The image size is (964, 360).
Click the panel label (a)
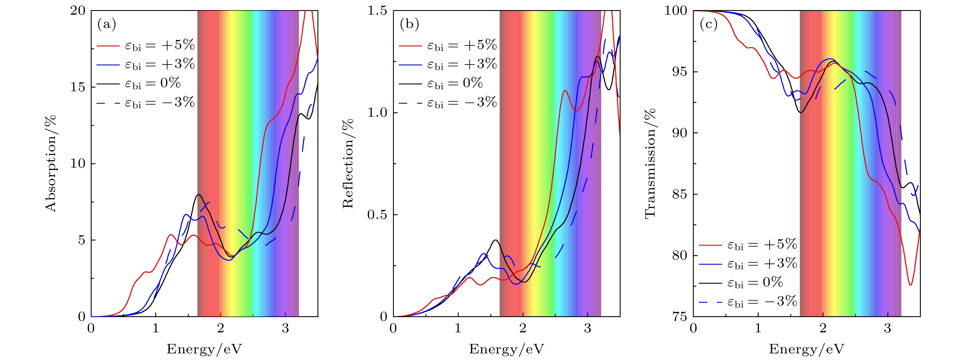[107, 25]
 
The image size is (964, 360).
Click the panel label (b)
[409, 25]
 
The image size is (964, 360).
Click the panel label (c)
[708, 25]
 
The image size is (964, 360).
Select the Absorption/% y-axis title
[50, 164]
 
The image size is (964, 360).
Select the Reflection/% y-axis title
[348, 164]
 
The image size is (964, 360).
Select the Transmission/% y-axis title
[651, 164]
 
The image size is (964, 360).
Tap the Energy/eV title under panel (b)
[506, 349]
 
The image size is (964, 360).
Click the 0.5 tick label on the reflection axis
[377, 215]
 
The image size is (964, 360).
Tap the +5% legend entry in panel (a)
[146, 45]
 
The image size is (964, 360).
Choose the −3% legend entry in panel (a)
[146, 103]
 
